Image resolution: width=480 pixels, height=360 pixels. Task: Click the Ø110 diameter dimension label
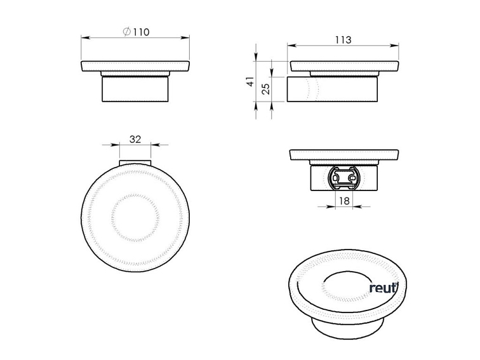tap(137, 32)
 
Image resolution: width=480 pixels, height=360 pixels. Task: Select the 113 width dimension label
tap(343, 40)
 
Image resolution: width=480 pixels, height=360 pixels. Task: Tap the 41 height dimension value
tap(251, 81)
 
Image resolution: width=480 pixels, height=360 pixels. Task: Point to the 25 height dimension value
tap(267, 88)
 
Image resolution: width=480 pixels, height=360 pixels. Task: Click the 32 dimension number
tap(135, 139)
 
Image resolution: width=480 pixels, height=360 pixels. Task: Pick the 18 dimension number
tap(344, 201)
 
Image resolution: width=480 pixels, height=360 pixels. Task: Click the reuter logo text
tap(383, 288)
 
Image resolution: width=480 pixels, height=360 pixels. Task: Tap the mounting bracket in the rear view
tap(344, 178)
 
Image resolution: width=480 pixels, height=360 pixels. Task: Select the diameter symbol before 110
tap(127, 32)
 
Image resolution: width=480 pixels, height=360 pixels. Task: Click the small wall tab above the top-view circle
tap(135, 163)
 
